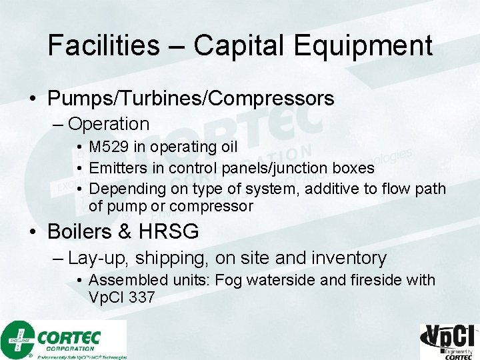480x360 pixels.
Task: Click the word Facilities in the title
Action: click(103, 45)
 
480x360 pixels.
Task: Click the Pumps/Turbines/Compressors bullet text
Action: click(191, 99)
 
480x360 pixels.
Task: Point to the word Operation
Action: click(109, 124)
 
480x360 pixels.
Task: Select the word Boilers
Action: click(80, 232)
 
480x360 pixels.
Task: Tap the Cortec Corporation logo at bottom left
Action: click(63, 339)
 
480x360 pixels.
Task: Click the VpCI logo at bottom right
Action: click(449, 341)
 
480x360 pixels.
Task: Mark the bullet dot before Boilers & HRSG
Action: click(33, 233)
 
